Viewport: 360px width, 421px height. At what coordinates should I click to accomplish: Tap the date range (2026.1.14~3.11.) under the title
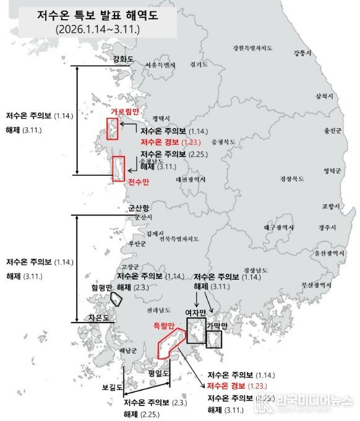[96, 29]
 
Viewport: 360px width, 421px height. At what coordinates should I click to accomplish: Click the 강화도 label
[123, 59]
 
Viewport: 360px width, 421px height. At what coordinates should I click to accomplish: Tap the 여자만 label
[195, 313]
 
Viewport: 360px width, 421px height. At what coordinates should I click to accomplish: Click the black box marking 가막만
[214, 340]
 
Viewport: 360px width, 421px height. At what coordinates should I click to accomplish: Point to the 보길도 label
[112, 388]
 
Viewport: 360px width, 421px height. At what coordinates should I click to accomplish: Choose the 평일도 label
[158, 373]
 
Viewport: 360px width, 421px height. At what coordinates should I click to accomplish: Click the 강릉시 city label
[299, 53]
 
